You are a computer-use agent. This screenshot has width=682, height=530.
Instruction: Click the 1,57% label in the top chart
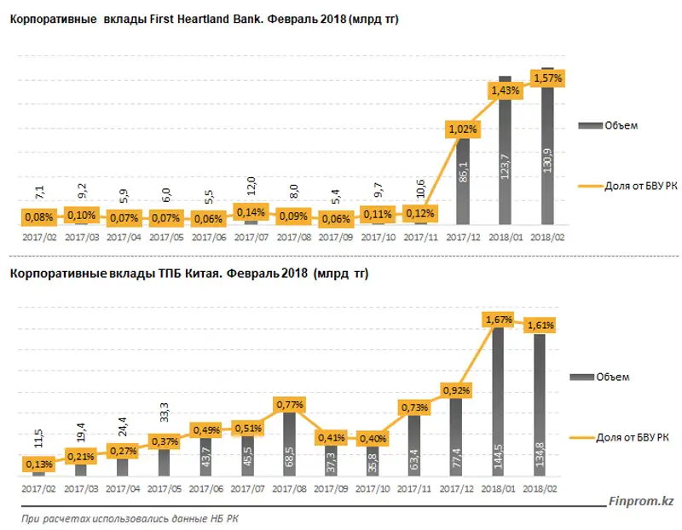[548, 78]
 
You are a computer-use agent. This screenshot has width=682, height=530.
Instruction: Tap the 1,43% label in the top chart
[505, 89]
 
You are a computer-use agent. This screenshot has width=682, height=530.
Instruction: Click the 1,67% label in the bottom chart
[499, 319]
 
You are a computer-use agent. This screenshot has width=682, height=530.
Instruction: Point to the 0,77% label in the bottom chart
[290, 405]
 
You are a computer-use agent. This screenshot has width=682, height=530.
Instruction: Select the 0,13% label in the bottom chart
[39, 464]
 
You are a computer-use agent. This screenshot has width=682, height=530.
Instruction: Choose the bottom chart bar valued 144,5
[499, 400]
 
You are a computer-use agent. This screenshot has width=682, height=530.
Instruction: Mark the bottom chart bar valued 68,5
[290, 443]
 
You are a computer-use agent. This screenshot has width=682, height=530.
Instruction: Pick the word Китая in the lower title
[201, 274]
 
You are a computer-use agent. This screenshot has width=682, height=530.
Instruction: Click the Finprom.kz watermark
[640, 504]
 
